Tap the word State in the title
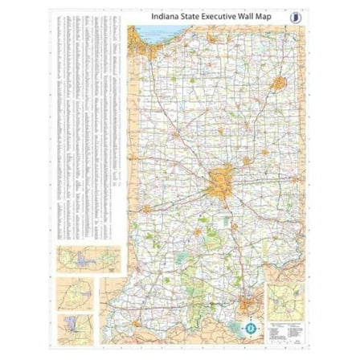pyautogui.click(x=193, y=14)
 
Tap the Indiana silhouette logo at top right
pyautogui.click(x=298, y=15)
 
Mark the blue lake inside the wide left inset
pyautogui.click(x=80, y=262)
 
